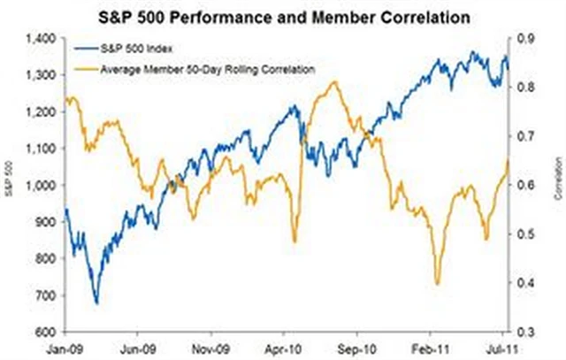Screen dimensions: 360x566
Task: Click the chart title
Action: (x=284, y=16)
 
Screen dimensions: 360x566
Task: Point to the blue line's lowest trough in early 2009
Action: (x=96, y=303)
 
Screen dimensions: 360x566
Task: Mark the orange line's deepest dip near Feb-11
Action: (x=437, y=283)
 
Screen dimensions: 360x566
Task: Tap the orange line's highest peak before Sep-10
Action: (x=333, y=82)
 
